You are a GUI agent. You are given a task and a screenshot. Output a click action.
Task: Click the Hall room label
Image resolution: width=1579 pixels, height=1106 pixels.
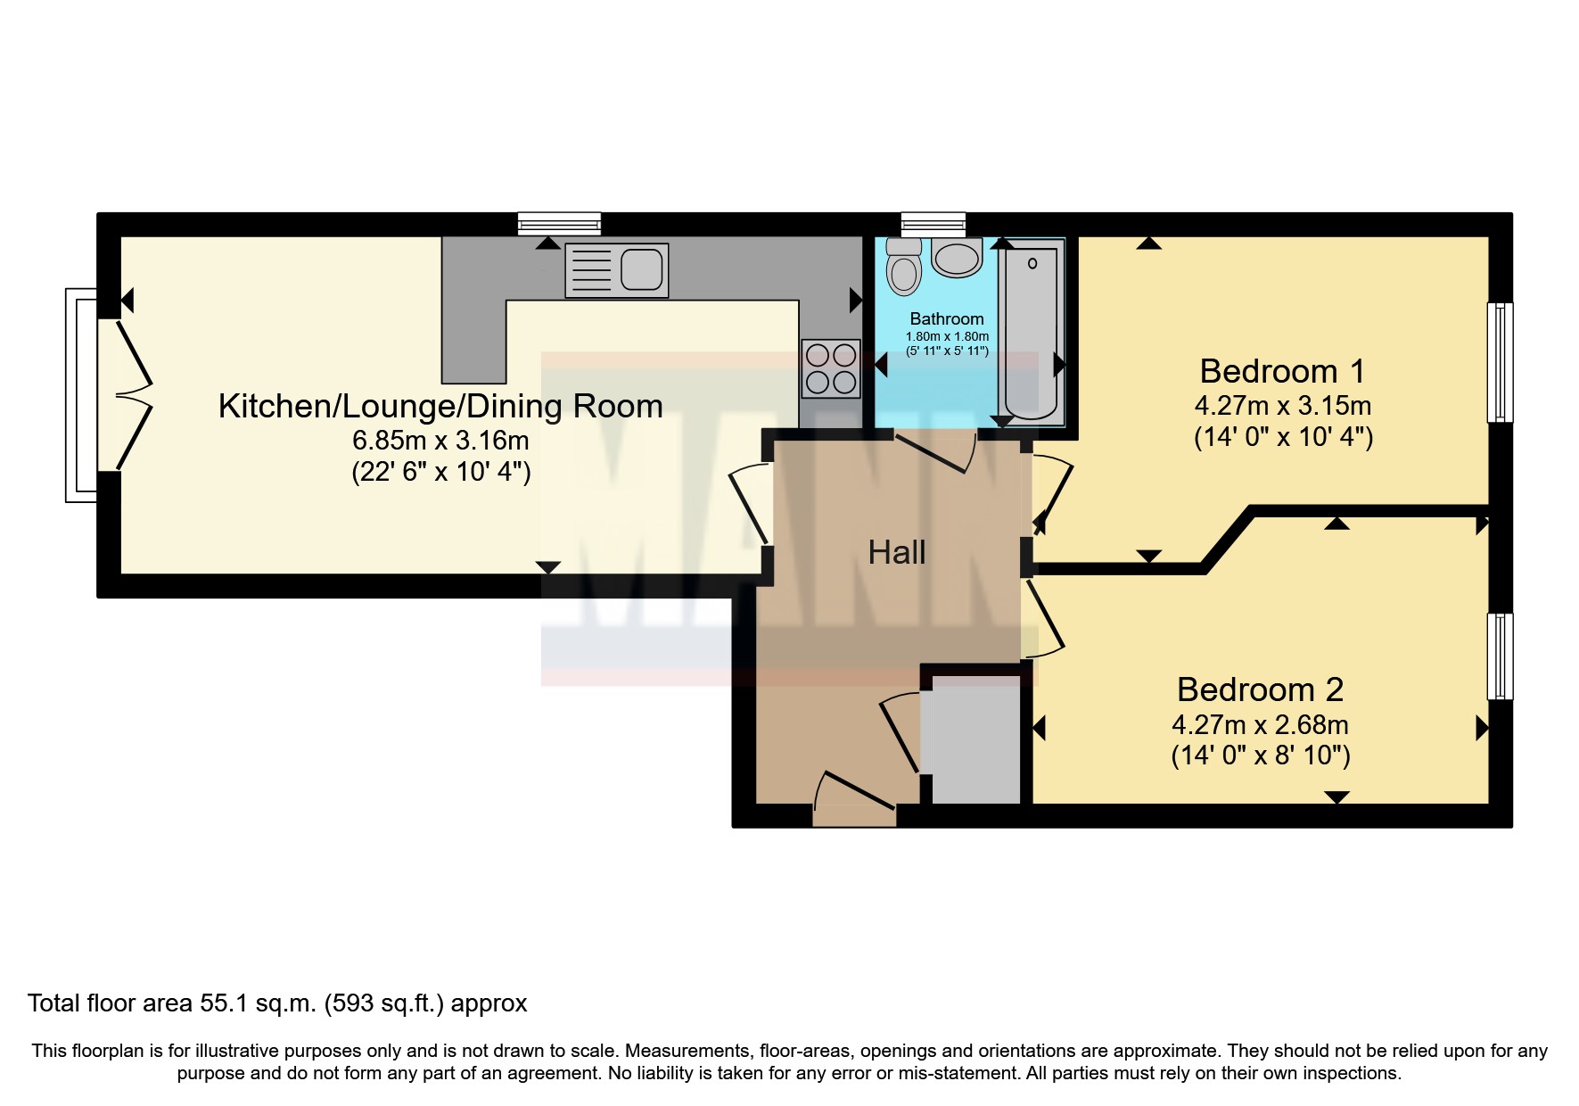point(897,553)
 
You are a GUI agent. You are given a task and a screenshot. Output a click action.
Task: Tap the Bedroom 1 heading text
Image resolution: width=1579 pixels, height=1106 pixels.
point(1282,371)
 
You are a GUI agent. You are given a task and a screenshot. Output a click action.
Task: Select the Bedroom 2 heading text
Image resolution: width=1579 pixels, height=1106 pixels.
point(1260,689)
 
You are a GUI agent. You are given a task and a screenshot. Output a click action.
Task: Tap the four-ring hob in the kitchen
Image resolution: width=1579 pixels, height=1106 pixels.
point(831,368)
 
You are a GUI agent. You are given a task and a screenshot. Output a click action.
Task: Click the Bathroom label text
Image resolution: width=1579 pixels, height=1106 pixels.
point(947,319)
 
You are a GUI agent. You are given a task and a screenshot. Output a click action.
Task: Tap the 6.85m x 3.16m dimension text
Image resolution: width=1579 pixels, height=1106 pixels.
point(440,441)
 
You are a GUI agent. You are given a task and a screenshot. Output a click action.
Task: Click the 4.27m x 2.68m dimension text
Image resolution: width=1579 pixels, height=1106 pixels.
point(1260,724)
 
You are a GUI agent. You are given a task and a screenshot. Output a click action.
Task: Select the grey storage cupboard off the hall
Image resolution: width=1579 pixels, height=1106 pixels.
point(970,739)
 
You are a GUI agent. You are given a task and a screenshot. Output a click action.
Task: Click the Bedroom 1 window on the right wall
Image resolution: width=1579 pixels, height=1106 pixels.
point(1501,362)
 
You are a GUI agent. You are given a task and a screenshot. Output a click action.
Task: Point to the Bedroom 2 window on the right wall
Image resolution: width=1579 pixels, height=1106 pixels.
point(1501,656)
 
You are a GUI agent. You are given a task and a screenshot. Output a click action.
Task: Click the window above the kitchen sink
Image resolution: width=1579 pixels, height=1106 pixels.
point(560,223)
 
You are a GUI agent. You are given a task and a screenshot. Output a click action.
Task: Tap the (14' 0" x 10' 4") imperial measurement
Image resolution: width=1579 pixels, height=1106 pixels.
point(1283,437)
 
